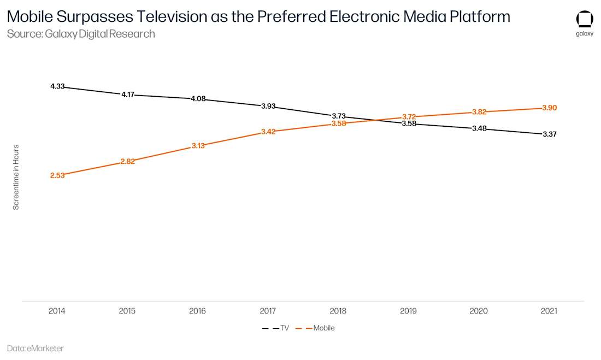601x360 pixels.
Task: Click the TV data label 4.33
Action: (57, 86)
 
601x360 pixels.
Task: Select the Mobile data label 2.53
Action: (57, 175)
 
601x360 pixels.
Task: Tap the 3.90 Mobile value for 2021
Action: (549, 108)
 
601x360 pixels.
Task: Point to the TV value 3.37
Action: (549, 134)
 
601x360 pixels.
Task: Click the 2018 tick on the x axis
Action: (338, 311)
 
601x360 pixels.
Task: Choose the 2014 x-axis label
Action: (57, 311)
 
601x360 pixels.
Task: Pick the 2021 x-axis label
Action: (549, 311)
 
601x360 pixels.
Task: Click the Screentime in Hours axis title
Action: (16, 177)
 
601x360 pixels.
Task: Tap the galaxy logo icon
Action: (585, 20)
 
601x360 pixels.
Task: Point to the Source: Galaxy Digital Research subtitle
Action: (81, 34)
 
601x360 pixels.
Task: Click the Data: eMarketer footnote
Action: (36, 348)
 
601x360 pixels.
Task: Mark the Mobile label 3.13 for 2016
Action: (198, 146)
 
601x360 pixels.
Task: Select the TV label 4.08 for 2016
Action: (198, 99)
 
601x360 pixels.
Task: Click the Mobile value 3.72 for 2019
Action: (409, 116)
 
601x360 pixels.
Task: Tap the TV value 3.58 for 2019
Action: (409, 123)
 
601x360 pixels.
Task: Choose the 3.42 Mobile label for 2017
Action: (268, 132)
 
